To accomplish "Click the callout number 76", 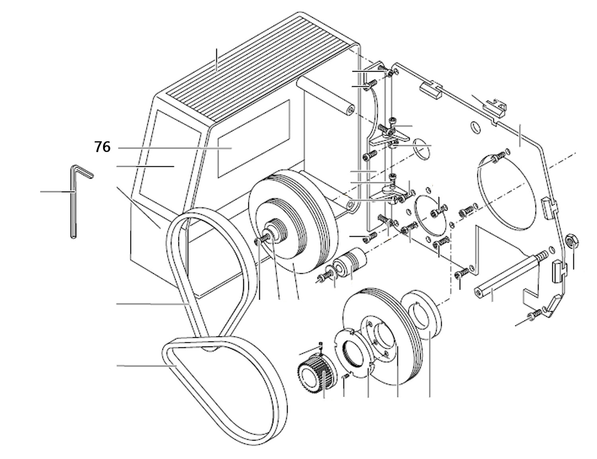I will tap(102, 147).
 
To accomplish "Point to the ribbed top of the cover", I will tap(259, 68).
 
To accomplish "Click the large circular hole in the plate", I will tap(505, 191).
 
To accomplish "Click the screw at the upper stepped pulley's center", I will tap(259, 239).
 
